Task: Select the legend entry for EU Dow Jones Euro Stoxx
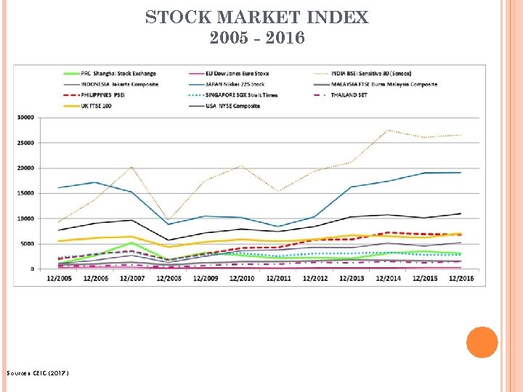tap(246, 73)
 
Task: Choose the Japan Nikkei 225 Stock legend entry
tap(240, 84)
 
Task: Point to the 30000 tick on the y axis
tap(25, 118)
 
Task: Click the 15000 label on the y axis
tap(25, 193)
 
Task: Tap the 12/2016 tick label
tap(461, 277)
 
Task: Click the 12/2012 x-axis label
tap(316, 277)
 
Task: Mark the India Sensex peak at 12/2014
tap(389, 130)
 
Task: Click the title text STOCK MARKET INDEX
tap(257, 17)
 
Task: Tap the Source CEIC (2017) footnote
tap(38, 373)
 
